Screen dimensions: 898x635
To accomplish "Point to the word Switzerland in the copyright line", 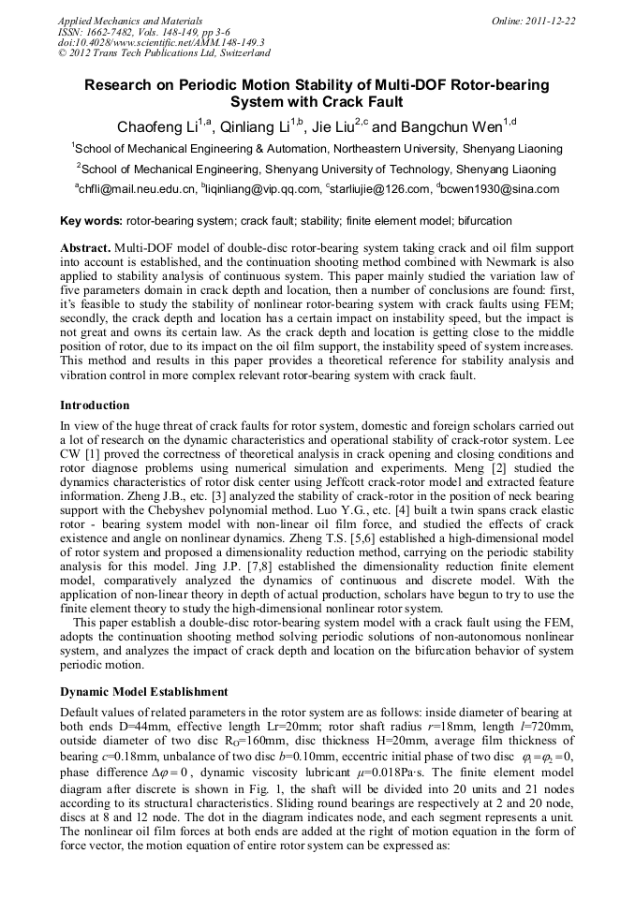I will (x=237, y=53).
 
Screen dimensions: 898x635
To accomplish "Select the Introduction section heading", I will (x=95, y=405).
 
